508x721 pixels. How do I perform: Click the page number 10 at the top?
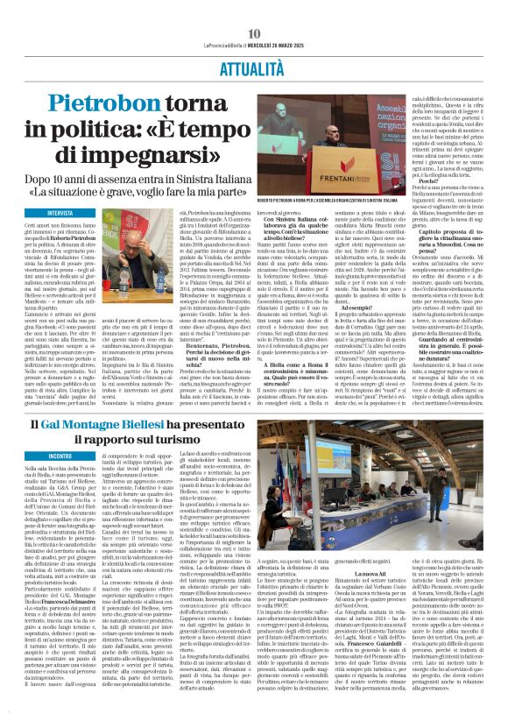coord(253,8)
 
